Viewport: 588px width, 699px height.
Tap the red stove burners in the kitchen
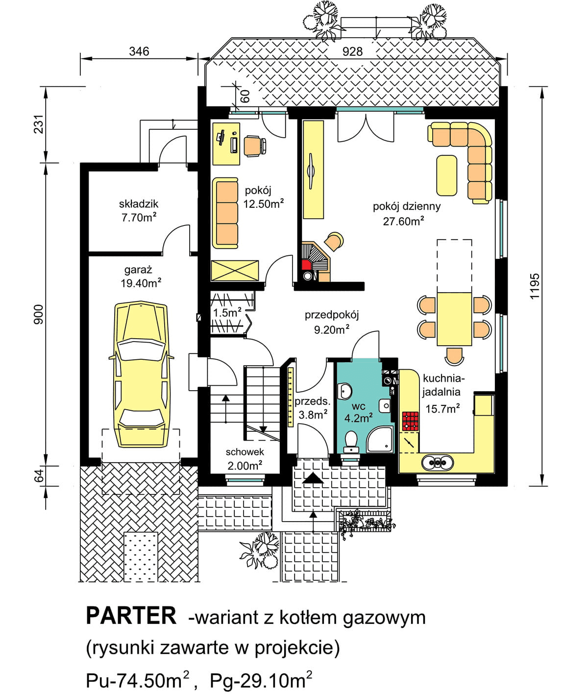[x=410, y=421]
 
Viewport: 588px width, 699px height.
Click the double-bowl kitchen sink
[x=437, y=463]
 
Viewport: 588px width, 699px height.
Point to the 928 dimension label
[x=352, y=51]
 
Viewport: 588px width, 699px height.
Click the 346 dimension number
[x=139, y=51]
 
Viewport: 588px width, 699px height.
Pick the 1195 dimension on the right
[x=535, y=286]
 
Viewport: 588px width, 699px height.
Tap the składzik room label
[x=139, y=203]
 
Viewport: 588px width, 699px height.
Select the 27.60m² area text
[x=404, y=221]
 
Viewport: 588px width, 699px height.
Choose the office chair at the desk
[x=255, y=146]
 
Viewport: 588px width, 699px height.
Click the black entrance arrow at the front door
[x=313, y=478]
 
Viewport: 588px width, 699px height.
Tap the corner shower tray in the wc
[x=381, y=440]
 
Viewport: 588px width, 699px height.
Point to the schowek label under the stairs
[x=245, y=452]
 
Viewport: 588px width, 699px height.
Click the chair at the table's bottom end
[x=454, y=356]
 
